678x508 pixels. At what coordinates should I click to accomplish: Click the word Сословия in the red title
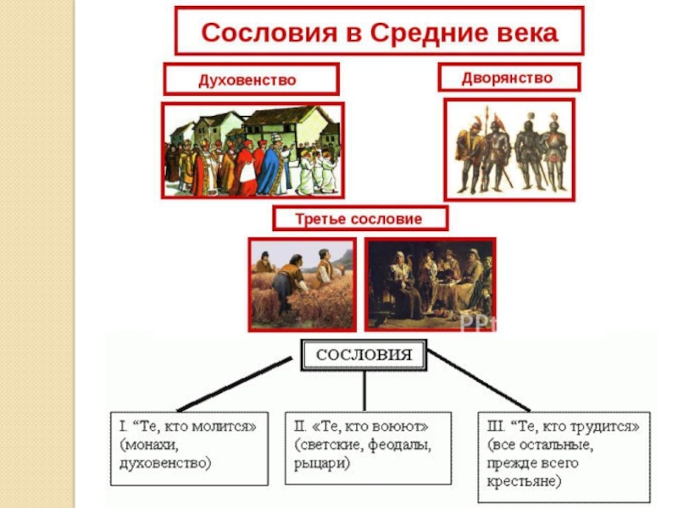[252, 33]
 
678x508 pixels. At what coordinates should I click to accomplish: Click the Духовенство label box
[251, 80]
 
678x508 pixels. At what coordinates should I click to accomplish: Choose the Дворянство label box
[508, 78]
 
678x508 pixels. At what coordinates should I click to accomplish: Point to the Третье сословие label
[359, 218]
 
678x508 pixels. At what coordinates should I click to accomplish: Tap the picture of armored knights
[508, 149]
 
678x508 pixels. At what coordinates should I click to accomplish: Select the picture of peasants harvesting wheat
[303, 284]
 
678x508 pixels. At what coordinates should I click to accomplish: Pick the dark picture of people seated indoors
[430, 284]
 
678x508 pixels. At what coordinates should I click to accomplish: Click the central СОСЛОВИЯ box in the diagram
[364, 354]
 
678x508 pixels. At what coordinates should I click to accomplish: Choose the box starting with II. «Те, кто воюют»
[364, 447]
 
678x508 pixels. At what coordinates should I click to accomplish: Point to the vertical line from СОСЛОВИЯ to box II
[364, 391]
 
